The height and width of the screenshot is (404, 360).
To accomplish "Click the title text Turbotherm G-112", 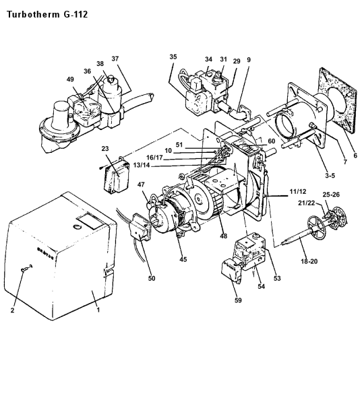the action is click(47, 14).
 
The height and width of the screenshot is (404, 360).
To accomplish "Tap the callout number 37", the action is click(115, 59).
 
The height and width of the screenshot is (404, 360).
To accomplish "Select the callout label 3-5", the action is click(330, 176).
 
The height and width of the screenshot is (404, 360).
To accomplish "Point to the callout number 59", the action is click(238, 300).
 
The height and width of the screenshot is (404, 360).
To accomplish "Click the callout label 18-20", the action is click(309, 261).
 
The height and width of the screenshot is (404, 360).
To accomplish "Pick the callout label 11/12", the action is click(298, 191).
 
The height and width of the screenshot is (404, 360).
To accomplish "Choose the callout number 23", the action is click(105, 149).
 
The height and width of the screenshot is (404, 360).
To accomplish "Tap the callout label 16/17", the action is click(155, 158).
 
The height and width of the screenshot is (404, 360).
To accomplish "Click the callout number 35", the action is click(173, 57).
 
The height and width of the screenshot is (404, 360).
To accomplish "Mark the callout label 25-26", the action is click(331, 195).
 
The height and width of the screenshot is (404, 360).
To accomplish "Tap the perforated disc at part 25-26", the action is click(339, 218).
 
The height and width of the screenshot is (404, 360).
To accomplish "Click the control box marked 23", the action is click(116, 176).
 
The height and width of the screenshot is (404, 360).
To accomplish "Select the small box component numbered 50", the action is click(140, 226).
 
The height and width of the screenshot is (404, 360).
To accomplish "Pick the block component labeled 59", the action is click(231, 271).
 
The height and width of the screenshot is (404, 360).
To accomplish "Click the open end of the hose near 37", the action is click(151, 97).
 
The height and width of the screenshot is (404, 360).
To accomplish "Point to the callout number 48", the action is click(223, 236).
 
